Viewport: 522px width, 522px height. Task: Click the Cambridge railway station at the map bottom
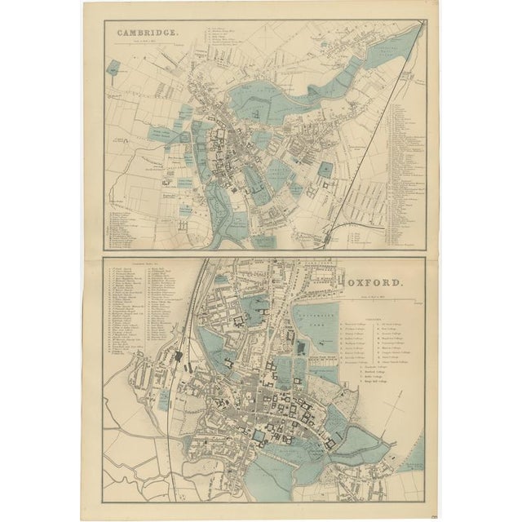point(328,237)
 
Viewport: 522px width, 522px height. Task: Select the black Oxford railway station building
point(177,356)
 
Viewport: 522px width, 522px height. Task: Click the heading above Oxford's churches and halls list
point(139,262)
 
